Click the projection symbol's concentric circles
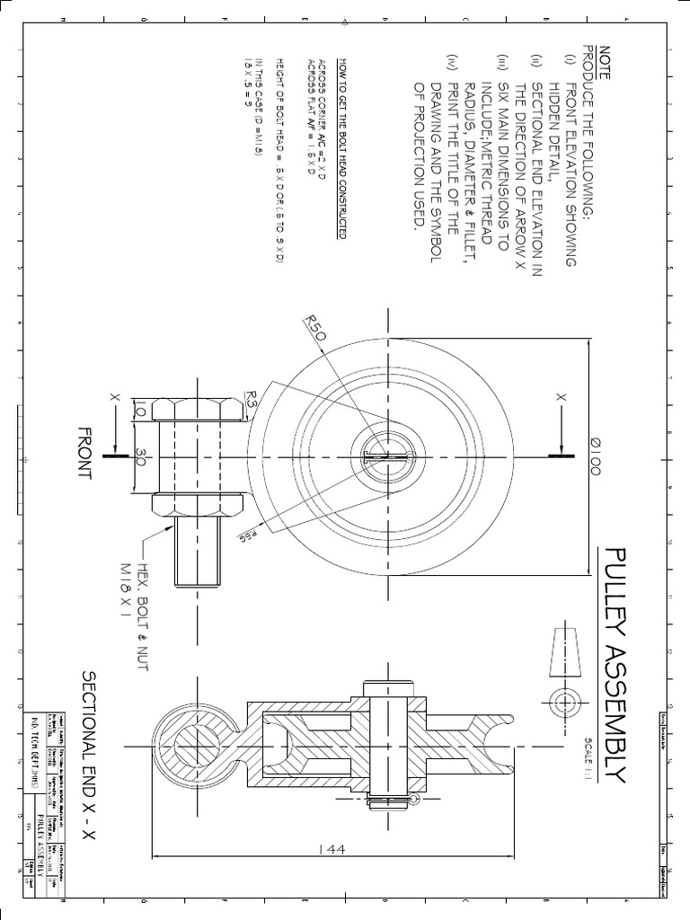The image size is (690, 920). pyautogui.click(x=566, y=702)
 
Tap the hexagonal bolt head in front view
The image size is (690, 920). pyautogui.click(x=199, y=410)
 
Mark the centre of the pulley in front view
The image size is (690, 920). pyautogui.click(x=387, y=456)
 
